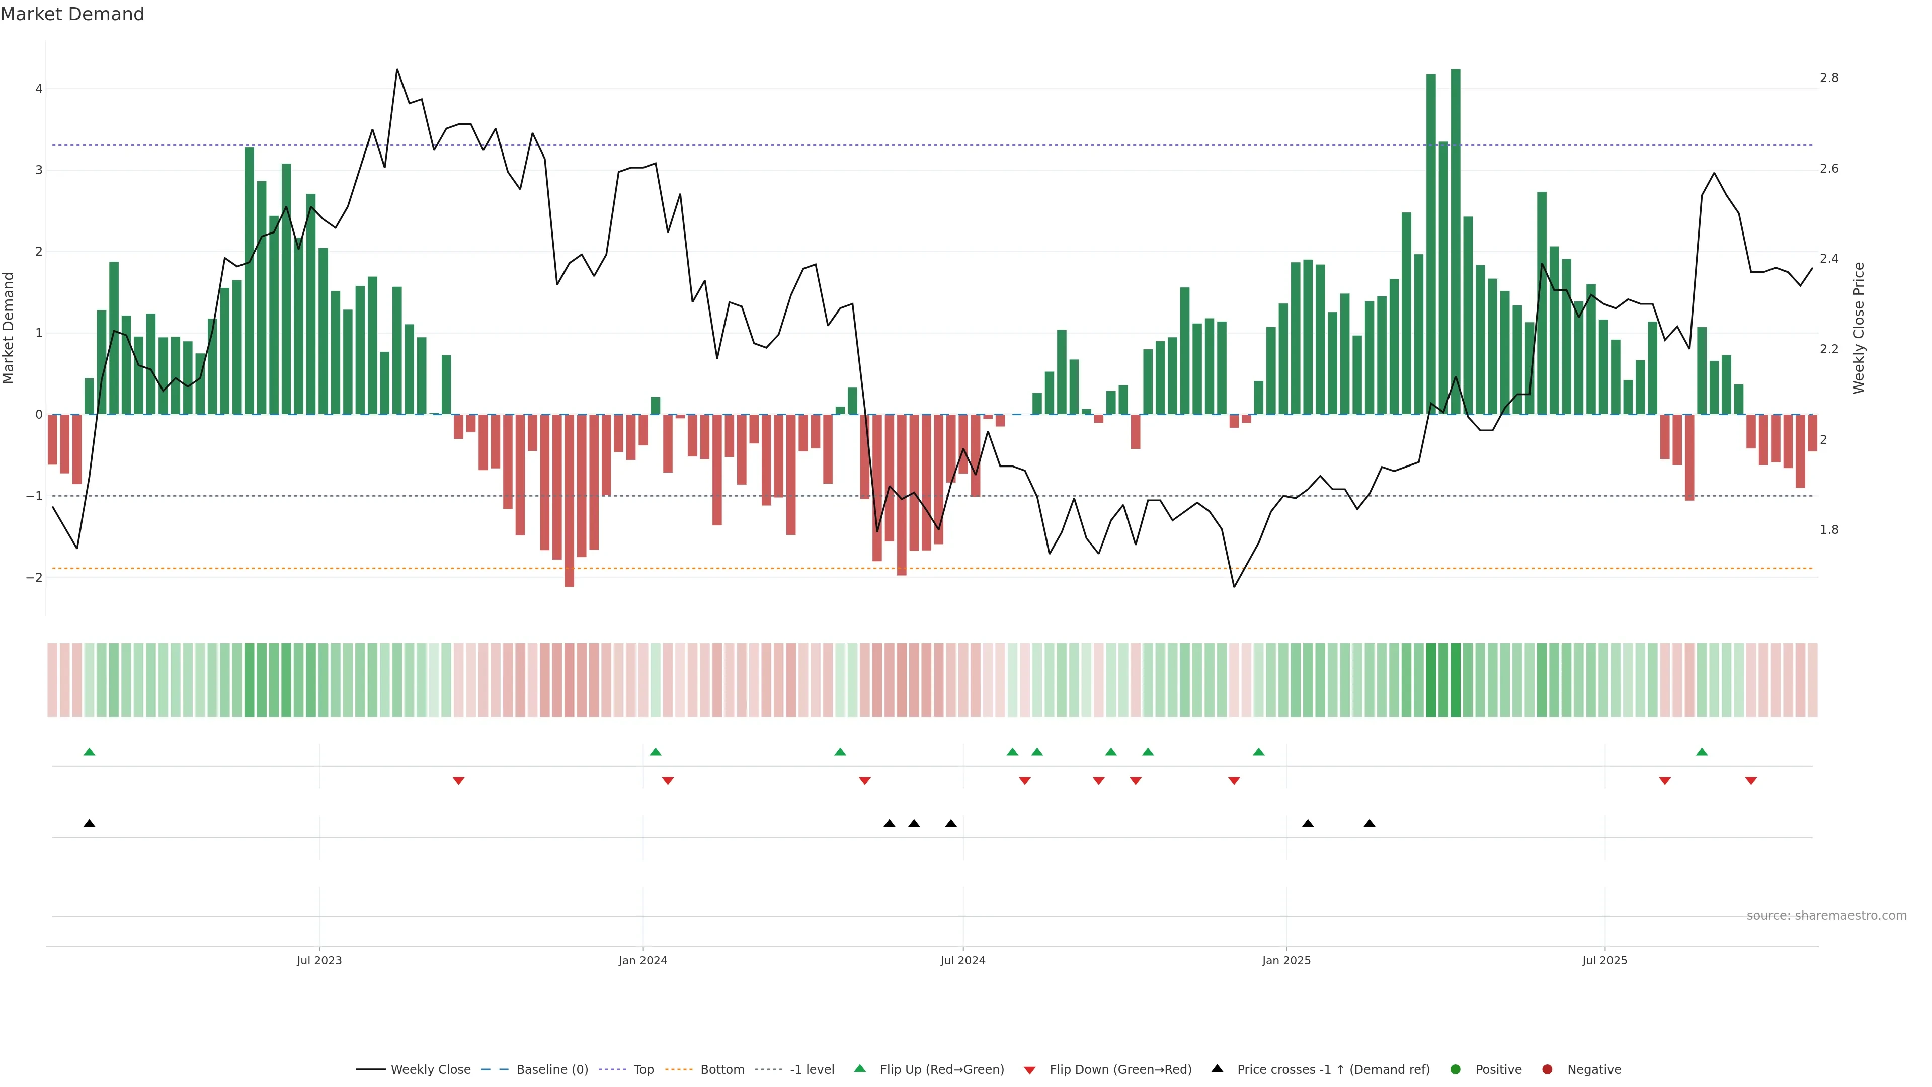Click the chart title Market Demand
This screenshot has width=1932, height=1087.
[x=72, y=14]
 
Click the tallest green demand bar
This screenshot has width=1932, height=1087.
[x=1455, y=240]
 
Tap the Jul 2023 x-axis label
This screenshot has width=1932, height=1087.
[x=319, y=960]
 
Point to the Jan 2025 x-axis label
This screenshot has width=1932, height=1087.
[x=1286, y=960]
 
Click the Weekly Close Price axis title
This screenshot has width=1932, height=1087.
[x=1859, y=328]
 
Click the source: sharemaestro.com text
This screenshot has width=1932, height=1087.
[x=1826, y=916]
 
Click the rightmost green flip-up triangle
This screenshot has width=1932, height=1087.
[x=1702, y=752]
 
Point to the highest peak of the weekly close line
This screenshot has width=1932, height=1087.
[x=397, y=70]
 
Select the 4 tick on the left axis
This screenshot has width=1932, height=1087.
[x=38, y=89]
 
